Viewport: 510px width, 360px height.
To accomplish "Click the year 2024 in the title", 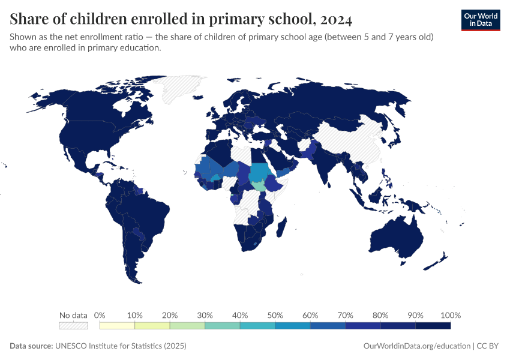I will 332,20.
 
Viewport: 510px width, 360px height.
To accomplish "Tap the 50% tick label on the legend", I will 275,315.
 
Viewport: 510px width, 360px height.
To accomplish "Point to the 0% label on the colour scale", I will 100,315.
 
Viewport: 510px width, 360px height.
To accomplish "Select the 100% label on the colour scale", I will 450,315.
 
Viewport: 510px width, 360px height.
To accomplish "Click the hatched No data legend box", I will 73,326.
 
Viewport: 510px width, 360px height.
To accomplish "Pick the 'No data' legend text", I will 73,315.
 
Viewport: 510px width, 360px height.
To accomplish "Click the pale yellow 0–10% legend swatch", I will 118,326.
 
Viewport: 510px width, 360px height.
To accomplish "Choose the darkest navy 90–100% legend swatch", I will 433,326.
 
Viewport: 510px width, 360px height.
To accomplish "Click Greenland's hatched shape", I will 180,90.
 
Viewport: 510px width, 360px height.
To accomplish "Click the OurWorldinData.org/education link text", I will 417,346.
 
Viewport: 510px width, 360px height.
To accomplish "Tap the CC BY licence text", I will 489,346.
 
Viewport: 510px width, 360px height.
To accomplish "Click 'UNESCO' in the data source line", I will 71,346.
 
